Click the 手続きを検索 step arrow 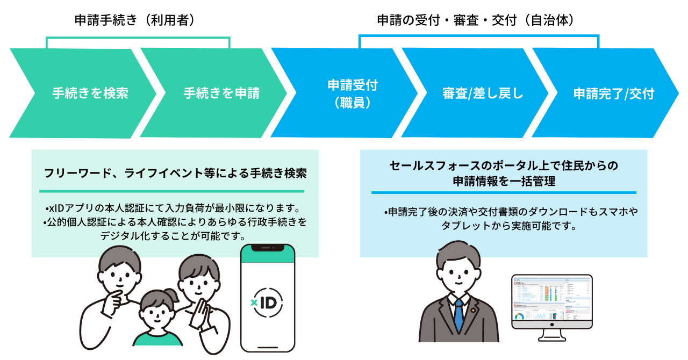[86, 93]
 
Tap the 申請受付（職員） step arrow [349, 93]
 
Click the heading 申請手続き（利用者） [134, 20]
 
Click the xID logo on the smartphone [268, 302]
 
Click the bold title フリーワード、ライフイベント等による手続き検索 [175, 174]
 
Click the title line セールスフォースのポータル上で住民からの [504, 165]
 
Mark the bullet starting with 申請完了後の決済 [511, 212]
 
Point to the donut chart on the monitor [519, 317]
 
